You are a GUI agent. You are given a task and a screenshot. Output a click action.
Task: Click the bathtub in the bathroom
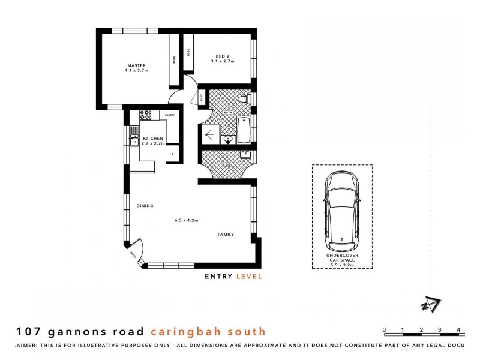tap(244, 130)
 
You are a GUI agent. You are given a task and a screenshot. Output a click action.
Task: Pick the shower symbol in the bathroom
tap(211, 133)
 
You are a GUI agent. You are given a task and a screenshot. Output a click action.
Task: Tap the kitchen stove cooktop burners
tap(144, 114)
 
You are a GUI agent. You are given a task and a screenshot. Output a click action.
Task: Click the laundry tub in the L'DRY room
tap(245, 154)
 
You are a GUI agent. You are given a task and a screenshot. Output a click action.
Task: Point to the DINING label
tap(145, 206)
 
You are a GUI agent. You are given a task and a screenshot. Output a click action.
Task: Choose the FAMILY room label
tap(226, 235)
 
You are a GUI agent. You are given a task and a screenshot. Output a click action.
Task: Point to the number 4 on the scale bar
tap(458, 330)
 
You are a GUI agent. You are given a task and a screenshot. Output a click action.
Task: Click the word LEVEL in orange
tap(248, 277)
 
